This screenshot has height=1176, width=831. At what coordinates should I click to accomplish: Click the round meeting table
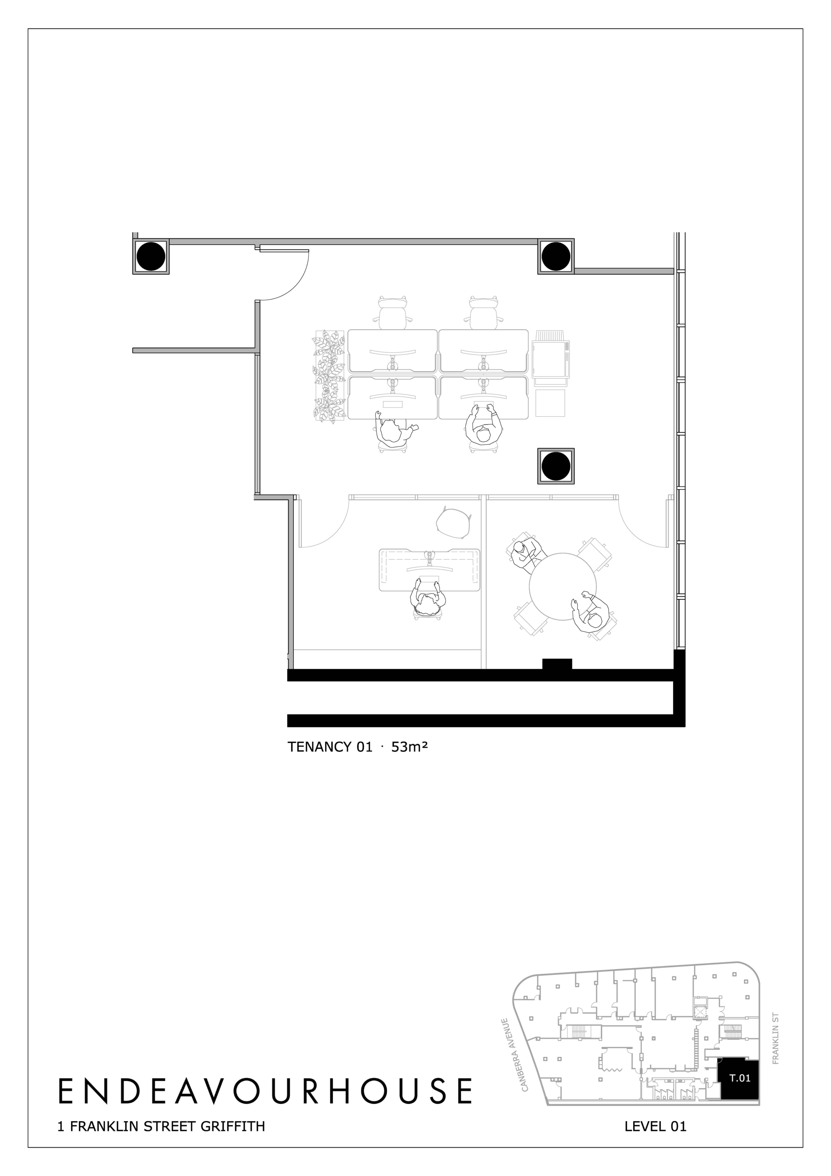562,586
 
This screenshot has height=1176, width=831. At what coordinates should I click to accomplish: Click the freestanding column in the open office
555,466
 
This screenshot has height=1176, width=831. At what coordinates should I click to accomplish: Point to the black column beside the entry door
151,256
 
